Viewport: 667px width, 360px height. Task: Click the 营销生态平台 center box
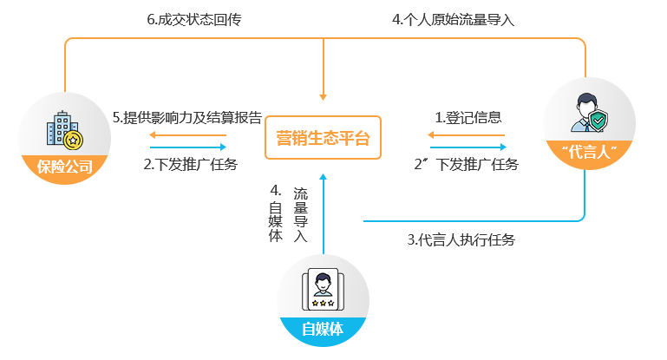(323, 137)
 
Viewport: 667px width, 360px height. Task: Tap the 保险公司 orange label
(64, 167)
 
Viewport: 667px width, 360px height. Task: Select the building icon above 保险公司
(64, 130)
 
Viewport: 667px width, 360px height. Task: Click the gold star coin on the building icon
(75, 139)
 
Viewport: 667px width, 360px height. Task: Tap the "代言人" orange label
(589, 154)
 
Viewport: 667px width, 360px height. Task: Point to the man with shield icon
(587, 111)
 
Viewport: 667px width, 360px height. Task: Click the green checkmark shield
(598, 121)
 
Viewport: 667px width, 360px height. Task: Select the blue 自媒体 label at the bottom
(323, 331)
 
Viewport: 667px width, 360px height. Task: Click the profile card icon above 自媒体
(323, 290)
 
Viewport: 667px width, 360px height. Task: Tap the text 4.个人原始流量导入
(453, 19)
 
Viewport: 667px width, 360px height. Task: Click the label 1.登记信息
(468, 117)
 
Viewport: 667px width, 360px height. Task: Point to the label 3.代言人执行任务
(461, 240)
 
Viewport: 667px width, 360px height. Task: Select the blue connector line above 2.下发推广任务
(187, 147)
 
